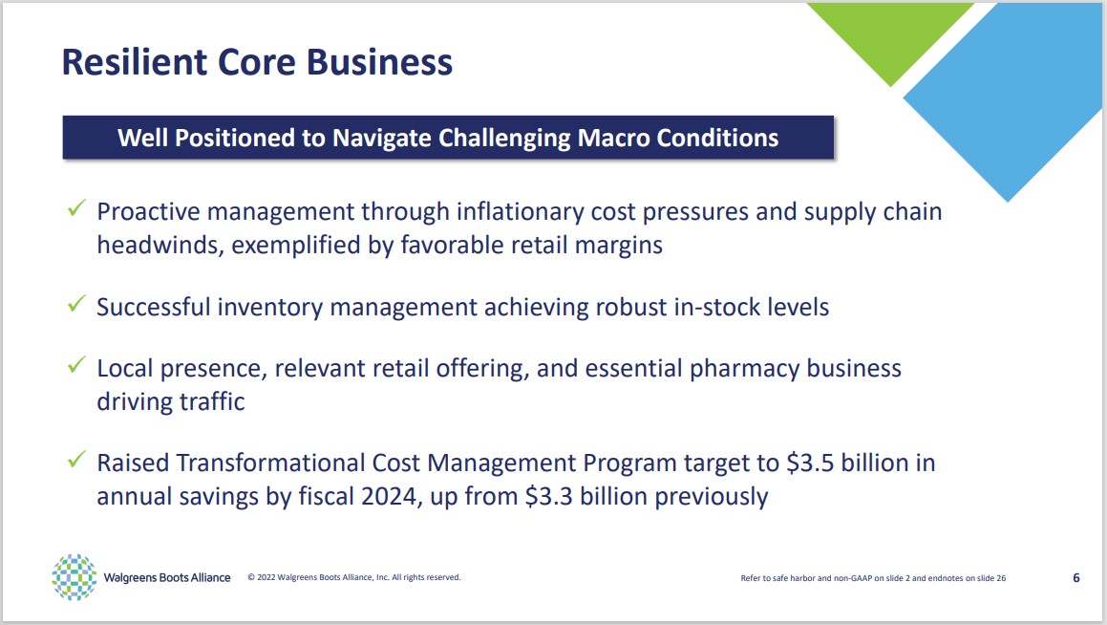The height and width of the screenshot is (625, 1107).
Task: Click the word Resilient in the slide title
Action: pyautogui.click(x=134, y=61)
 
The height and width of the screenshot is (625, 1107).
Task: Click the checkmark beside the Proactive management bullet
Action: pyautogui.click(x=76, y=207)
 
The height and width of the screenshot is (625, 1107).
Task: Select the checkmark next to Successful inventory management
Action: pyautogui.click(x=76, y=304)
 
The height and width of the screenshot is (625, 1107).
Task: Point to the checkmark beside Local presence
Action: pyautogui.click(x=76, y=364)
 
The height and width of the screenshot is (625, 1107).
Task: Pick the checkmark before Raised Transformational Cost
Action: pyautogui.click(x=76, y=459)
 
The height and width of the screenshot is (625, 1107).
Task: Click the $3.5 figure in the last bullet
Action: pyautogui.click(x=810, y=463)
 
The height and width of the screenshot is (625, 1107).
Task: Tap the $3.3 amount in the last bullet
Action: pyautogui.click(x=548, y=496)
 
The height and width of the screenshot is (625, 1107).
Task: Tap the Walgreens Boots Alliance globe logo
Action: pyautogui.click(x=75, y=577)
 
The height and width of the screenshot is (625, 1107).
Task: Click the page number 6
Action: pyautogui.click(x=1075, y=577)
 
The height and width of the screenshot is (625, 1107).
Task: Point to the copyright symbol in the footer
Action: pyautogui.click(x=251, y=577)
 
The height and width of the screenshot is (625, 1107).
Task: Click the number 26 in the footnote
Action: pyautogui.click(x=1000, y=577)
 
